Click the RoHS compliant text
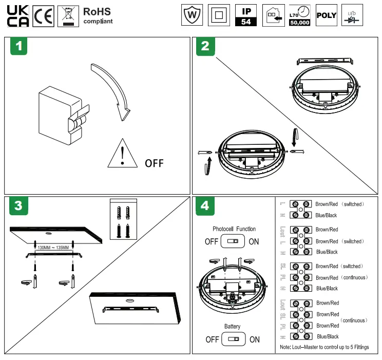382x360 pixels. point(97,15)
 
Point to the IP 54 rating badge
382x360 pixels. point(246,16)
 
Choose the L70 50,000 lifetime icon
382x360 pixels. point(299,16)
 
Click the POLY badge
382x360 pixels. point(326,16)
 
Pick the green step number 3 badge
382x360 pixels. point(18,206)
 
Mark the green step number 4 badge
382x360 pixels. point(205,206)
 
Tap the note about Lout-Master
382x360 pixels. point(324,347)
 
